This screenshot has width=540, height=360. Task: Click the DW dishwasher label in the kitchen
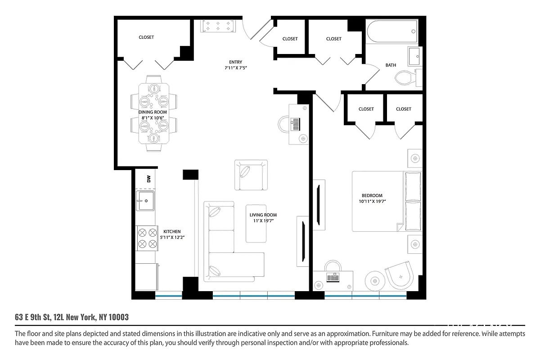tap(148, 179)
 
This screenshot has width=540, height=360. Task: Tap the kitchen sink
tap(146, 201)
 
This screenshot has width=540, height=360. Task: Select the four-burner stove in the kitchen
tap(146, 238)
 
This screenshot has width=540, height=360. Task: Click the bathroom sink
tap(415, 56)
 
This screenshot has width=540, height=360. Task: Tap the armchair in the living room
tap(250, 175)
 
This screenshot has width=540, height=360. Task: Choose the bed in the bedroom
tap(386, 201)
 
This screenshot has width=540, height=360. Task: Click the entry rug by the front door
tap(218, 27)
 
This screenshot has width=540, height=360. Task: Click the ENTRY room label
tap(235, 62)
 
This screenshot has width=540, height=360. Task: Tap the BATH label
tap(391, 65)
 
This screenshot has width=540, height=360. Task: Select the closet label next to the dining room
tap(146, 37)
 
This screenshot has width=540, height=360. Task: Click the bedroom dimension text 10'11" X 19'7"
tap(372, 201)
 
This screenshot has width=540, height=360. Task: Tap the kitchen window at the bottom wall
tap(169, 296)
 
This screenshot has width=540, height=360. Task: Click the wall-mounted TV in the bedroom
tap(319, 205)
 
